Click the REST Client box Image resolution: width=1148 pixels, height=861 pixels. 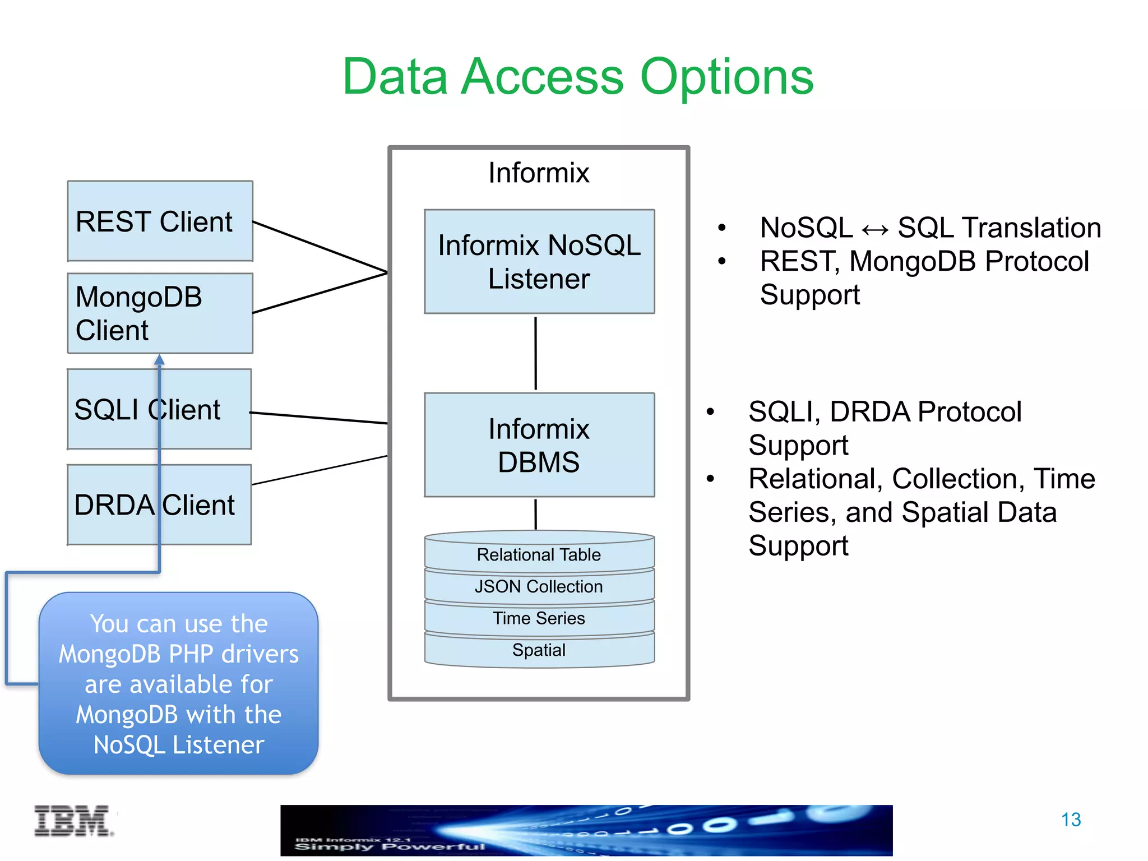click(160, 221)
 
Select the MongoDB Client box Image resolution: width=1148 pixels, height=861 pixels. click(160, 313)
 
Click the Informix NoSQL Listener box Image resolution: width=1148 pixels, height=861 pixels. click(539, 261)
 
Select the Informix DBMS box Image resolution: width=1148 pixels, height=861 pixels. click(539, 445)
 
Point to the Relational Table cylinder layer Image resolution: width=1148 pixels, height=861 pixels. click(539, 554)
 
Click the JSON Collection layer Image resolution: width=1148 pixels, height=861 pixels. click(539, 586)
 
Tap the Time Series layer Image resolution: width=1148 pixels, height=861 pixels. click(539, 618)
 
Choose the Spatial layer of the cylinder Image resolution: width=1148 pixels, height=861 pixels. click(539, 650)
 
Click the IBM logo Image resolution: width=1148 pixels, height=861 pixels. click(73, 821)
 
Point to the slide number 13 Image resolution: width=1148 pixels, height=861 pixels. click(1071, 820)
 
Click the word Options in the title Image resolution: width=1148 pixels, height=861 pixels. click(726, 77)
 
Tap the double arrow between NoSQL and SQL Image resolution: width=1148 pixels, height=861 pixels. click(875, 229)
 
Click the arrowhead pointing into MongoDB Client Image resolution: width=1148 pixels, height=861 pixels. click(160, 359)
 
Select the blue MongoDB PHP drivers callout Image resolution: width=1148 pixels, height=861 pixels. click(178, 684)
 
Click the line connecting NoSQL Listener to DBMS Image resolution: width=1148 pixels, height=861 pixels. click(536, 353)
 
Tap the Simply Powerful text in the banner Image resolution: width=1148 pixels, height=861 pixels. click(390, 846)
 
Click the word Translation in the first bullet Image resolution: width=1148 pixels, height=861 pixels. click(1031, 228)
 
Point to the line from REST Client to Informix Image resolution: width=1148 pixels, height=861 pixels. click(320, 247)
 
